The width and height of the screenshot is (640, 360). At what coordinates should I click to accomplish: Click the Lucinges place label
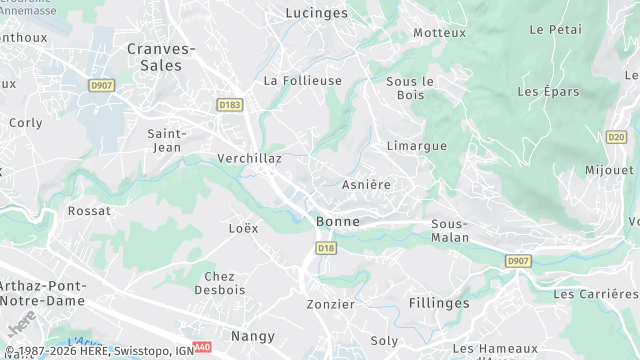click(316, 13)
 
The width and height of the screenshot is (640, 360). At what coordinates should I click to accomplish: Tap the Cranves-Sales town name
click(161, 56)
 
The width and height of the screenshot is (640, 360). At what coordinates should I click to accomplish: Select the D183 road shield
click(229, 104)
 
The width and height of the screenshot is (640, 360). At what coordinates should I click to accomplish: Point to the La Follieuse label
click(302, 80)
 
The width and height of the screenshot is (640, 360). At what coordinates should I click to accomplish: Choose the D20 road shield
click(616, 137)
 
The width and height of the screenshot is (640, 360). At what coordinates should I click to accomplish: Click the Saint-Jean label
click(164, 140)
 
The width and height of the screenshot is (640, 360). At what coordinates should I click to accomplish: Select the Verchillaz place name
click(249, 158)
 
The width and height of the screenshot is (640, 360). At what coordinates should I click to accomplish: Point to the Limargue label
click(417, 146)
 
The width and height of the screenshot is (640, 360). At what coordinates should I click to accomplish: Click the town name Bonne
click(337, 221)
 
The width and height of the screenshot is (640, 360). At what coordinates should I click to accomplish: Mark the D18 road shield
click(326, 247)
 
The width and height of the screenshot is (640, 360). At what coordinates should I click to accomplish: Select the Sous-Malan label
click(450, 231)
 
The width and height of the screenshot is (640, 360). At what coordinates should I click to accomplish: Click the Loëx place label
click(243, 228)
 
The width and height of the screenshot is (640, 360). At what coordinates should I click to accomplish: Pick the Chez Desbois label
click(219, 283)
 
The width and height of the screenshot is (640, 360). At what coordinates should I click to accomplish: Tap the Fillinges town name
click(439, 302)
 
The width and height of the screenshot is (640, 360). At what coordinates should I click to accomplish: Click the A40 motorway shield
click(203, 347)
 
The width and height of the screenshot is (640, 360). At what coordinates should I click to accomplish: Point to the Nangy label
click(253, 336)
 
